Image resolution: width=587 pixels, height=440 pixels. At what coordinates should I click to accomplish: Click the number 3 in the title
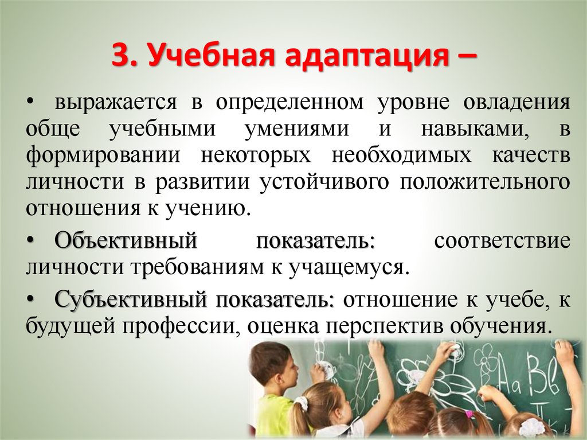click(x=122, y=57)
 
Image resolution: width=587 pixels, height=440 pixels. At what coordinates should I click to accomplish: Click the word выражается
click(x=115, y=103)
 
